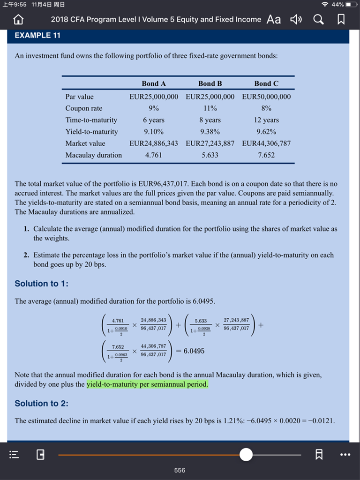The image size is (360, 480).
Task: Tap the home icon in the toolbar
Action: pyautogui.click(x=18, y=19)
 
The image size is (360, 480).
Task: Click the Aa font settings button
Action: pyautogui.click(x=274, y=19)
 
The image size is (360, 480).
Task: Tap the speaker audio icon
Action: pyautogui.click(x=295, y=19)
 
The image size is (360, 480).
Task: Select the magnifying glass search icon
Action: pyautogui.click(x=318, y=19)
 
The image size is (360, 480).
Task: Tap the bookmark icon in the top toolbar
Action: pyautogui.click(x=341, y=19)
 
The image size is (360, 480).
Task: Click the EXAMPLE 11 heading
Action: pyautogui.click(x=37, y=36)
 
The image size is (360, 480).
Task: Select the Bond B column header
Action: pyautogui.click(x=210, y=83)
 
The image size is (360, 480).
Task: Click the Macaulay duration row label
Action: pyautogui.click(x=93, y=155)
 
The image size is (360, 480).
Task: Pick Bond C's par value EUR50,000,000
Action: pyautogui.click(x=266, y=97)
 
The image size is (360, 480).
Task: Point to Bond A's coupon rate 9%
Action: pyautogui.click(x=154, y=108)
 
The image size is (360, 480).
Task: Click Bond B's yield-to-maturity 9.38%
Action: pyautogui.click(x=210, y=132)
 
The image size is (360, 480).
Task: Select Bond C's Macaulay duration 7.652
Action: pyautogui.click(x=266, y=155)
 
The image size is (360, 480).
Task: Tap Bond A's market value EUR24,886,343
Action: pyautogui.click(x=154, y=143)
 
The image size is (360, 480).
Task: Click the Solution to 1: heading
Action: pyautogui.click(x=42, y=284)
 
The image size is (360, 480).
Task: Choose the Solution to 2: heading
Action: pyautogui.click(x=42, y=404)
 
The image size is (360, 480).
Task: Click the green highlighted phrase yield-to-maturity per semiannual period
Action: pyautogui.click(x=148, y=384)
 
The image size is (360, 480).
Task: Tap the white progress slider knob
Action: pyautogui.click(x=246, y=454)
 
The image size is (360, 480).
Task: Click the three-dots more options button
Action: pyautogui.click(x=345, y=454)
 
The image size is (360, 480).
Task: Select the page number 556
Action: pyautogui.click(x=180, y=470)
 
